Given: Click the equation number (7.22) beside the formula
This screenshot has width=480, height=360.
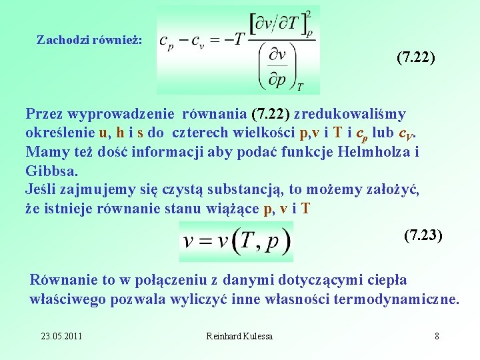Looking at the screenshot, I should click(415, 59).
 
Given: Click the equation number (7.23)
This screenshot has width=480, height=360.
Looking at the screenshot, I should click(423, 235).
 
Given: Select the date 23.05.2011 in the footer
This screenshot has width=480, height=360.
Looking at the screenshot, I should click(61, 336).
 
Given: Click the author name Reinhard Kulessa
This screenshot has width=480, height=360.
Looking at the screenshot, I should click(239, 336).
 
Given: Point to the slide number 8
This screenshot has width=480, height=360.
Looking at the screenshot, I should click(437, 336).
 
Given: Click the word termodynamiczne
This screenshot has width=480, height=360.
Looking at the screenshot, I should click(402, 299).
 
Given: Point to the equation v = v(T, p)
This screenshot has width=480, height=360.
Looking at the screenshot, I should click(236, 241).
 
